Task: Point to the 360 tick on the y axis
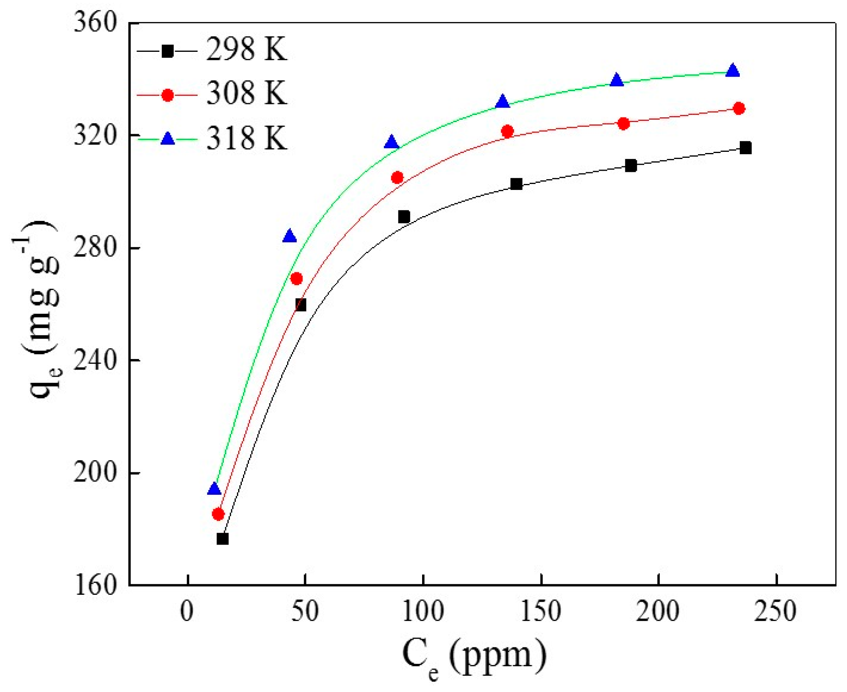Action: pyautogui.click(x=95, y=23)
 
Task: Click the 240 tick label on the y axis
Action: pyautogui.click(x=95, y=360)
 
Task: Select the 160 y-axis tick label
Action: pyautogui.click(x=95, y=585)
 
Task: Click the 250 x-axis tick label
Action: pyautogui.click(x=776, y=612)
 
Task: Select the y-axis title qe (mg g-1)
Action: pyautogui.click(x=40, y=309)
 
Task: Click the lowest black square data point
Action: pyautogui.click(x=222, y=539)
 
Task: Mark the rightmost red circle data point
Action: pyautogui.click(x=739, y=108)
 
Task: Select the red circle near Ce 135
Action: pyautogui.click(x=507, y=131)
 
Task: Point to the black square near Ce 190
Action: pyautogui.click(x=631, y=165)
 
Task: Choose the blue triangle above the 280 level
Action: pyautogui.click(x=290, y=236)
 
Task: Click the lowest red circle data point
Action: pyautogui.click(x=218, y=514)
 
